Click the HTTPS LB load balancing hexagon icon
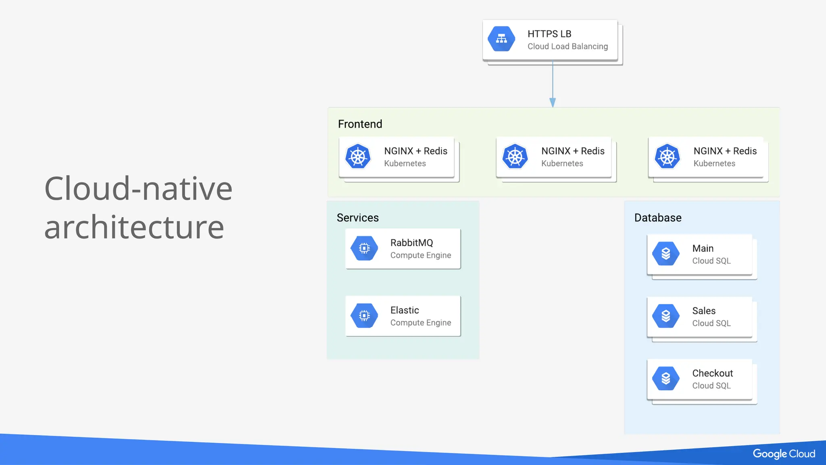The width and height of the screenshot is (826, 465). [501, 39]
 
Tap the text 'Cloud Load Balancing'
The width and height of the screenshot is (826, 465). [567, 46]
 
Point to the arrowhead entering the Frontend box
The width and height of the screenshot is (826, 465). [553, 103]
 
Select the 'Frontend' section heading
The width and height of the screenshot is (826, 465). [360, 124]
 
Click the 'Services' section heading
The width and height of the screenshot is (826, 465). [357, 218]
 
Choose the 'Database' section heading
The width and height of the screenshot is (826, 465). [657, 218]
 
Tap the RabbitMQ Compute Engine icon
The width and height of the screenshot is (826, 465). [364, 248]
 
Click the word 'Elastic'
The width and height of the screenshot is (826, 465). [405, 310]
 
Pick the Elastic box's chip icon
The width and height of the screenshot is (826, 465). [364, 316]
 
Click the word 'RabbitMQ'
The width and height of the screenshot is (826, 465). [411, 243]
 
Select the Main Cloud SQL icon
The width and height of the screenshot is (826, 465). [666, 254]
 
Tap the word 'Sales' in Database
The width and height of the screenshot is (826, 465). [704, 311]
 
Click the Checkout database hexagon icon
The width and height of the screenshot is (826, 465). [666, 379]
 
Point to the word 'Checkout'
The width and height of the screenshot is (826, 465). [712, 373]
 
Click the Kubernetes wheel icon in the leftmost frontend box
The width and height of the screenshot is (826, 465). [358, 157]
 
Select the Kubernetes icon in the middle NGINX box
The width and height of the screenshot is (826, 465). [515, 157]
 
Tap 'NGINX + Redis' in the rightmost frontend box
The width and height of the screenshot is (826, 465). [725, 151]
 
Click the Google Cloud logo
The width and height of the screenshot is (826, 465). [784, 454]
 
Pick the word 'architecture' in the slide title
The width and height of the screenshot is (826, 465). [134, 227]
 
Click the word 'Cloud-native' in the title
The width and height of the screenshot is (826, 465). [138, 189]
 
